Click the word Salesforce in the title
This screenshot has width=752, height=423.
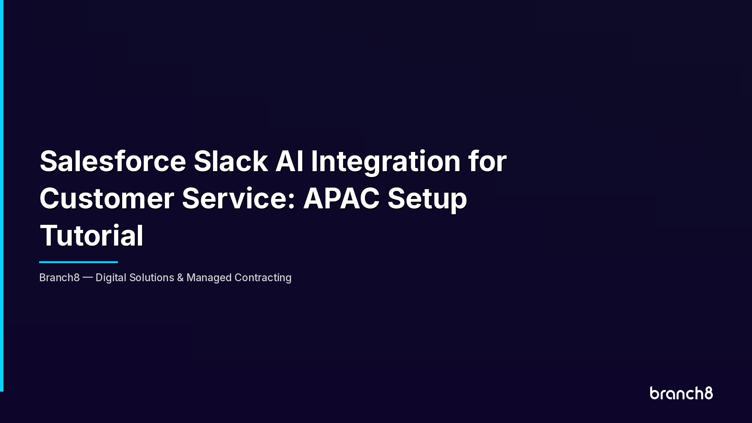coord(113,161)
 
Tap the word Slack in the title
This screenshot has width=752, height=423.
coord(231,161)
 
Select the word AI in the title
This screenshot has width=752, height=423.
coord(289,161)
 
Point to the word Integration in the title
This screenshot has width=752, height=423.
coord(386,161)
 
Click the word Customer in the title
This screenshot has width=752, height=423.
coord(107,198)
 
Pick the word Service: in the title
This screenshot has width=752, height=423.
coord(239,198)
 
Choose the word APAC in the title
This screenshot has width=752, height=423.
coord(341,198)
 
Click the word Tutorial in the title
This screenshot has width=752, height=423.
coord(92,235)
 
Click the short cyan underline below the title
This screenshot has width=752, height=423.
coord(78,262)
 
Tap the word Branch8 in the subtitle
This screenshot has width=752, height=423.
coord(60,278)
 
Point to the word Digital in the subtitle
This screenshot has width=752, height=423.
coord(111,278)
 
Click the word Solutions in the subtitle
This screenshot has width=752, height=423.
coord(152,278)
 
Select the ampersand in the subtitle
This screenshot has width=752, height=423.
coord(180,278)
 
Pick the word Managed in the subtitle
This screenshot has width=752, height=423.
coord(209,278)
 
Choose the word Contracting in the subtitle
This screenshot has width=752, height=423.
coord(263,278)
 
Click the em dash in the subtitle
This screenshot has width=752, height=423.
coord(88,278)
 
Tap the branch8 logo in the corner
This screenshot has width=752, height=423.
coord(681,393)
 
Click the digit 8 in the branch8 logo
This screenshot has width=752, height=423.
coord(709,393)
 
